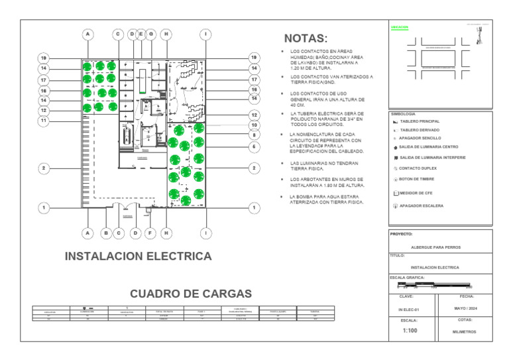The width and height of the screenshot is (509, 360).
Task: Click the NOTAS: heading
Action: pyautogui.click(x=306, y=39)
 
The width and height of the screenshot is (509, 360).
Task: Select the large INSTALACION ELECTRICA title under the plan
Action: pyautogui.click(x=138, y=256)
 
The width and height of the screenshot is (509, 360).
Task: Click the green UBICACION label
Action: pyautogui.click(x=400, y=28)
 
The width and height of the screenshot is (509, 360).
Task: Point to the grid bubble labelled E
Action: pyautogui.click(x=141, y=34)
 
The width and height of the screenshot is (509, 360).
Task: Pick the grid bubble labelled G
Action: pyautogui.click(x=151, y=34)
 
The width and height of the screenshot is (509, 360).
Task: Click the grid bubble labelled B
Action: pyautogui.click(x=106, y=233)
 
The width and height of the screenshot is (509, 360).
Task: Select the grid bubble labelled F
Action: pyautogui.click(x=150, y=233)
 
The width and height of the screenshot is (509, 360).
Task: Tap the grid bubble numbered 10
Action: pyautogui.click(x=254, y=125)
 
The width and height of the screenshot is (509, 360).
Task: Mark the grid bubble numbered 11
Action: pyautogui.click(x=44, y=121)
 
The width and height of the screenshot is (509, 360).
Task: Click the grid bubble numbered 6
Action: pyautogui.click(x=254, y=146)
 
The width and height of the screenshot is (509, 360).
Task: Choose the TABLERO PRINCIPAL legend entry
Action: pyautogui.click(x=418, y=122)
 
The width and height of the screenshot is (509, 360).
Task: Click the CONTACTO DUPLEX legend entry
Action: pyautogui.click(x=417, y=168)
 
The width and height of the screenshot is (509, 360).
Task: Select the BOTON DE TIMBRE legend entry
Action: pyautogui.click(x=417, y=180)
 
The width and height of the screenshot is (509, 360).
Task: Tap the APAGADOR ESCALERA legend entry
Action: pyautogui.click(x=421, y=206)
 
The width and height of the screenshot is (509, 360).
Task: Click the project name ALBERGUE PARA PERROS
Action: pyautogui.click(x=435, y=247)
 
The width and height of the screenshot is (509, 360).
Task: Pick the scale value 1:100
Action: pyautogui.click(x=409, y=330)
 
